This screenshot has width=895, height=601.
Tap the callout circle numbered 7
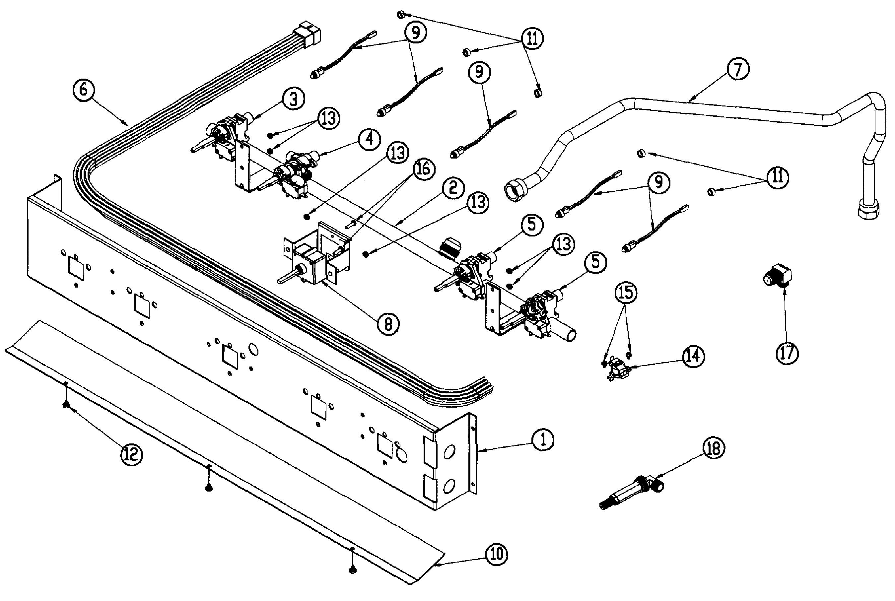click(x=737, y=69)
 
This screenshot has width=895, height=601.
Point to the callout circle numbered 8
click(x=388, y=324)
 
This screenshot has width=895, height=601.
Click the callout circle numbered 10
click(x=496, y=554)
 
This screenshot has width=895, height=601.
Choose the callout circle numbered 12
click(x=131, y=455)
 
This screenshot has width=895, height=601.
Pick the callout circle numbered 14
click(x=693, y=357)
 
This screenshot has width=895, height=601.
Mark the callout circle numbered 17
click(x=787, y=353)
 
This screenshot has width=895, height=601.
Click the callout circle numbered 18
click(x=713, y=448)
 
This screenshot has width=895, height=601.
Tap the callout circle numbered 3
click(x=293, y=99)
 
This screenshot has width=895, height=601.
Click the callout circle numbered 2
click(x=453, y=188)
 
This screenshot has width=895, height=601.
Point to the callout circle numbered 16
click(x=423, y=168)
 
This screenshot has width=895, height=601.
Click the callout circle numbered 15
click(x=626, y=293)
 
